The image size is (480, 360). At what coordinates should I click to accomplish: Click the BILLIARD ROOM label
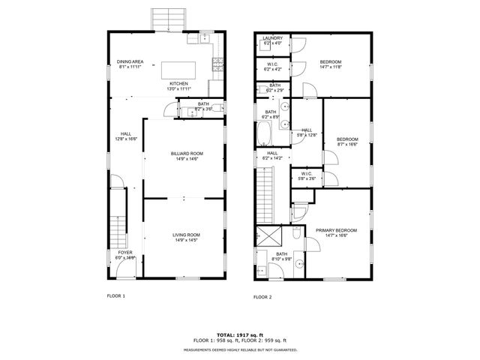[x=186, y=153]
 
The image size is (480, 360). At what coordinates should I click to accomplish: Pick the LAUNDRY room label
[x=271, y=38]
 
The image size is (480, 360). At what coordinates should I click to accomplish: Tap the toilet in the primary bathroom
[x=298, y=235]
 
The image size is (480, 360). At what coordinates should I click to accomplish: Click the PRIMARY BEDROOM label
[x=336, y=230]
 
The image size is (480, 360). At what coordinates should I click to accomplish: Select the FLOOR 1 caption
[x=115, y=296]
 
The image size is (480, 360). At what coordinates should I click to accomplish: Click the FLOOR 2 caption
[x=262, y=297]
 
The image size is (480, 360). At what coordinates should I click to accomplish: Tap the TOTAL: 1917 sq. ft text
[x=241, y=334]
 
